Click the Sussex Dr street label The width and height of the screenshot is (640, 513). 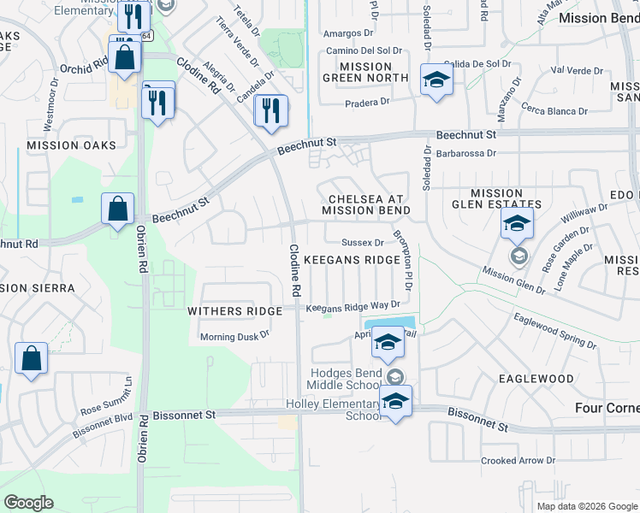[362, 243]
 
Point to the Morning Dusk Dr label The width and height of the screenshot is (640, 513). [234, 336]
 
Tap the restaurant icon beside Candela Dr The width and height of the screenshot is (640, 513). [271, 111]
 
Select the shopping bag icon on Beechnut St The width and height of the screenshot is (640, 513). [117, 208]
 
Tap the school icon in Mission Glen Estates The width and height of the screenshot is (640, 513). [517, 224]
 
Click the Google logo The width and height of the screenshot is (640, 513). [29, 503]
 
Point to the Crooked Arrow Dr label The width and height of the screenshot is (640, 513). [511, 461]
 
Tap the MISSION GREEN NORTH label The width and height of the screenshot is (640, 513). [365, 72]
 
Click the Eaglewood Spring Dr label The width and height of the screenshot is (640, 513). [554, 330]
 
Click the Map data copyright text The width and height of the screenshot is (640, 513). [586, 506]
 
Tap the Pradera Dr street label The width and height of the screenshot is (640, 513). [367, 101]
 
